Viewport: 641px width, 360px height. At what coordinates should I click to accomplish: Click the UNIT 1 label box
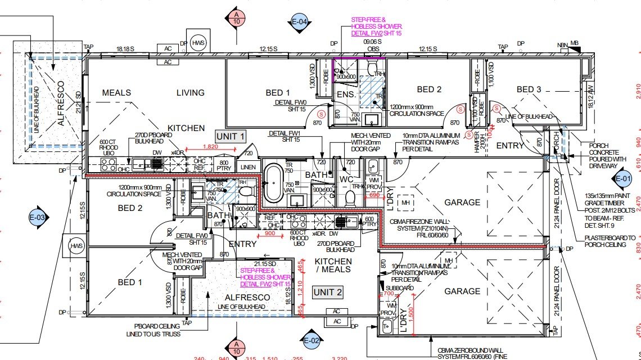(x=231, y=136)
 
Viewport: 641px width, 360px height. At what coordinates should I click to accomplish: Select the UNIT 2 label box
(x=327, y=292)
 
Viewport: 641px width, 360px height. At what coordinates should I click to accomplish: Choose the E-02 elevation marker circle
(x=312, y=340)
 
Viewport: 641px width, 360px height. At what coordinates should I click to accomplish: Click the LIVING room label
(x=190, y=93)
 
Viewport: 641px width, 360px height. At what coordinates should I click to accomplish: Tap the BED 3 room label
(x=529, y=89)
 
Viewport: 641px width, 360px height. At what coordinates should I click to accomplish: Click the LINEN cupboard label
(x=247, y=168)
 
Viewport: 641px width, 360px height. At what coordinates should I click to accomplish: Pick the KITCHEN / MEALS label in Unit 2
(x=333, y=265)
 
